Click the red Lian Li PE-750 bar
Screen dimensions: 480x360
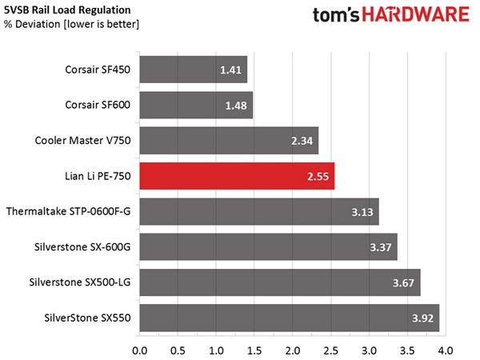[237, 176]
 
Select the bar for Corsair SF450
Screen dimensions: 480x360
[194, 70]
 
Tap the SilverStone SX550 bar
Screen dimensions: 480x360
[290, 318]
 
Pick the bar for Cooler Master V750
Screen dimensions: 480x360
[229, 141]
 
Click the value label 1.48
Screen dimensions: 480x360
[236, 106]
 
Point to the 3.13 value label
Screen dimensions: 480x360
[362, 212]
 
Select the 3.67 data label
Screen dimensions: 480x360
[403, 283]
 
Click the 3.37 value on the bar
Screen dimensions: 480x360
[381, 247]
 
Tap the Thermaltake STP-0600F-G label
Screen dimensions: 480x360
[68, 211]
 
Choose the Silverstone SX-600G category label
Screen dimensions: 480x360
[82, 246]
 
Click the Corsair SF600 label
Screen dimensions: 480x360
[98, 105]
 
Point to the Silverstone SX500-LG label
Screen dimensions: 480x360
[80, 282]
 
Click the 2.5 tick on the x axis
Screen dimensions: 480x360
[331, 350]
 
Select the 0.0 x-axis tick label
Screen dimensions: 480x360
[139, 350]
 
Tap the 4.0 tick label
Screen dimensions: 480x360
[446, 350]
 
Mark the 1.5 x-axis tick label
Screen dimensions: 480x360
[254, 350]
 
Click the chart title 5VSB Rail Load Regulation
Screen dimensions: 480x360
[67, 10]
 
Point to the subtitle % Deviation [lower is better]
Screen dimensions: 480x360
[71, 24]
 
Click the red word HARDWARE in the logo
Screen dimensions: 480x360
[416, 14]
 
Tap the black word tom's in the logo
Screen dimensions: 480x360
[335, 15]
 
